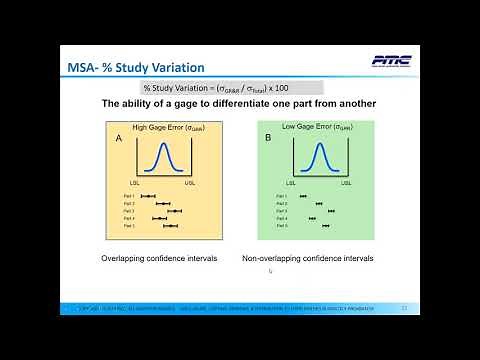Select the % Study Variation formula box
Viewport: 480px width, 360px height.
218,88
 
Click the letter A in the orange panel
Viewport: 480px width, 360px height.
118,141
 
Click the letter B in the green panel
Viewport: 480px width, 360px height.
268,141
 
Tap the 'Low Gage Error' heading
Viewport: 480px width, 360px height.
310,128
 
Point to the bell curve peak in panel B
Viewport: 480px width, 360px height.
320,147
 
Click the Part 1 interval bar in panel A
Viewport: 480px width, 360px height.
149,196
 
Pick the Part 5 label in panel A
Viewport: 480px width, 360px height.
128,226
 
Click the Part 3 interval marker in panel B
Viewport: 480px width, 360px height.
330,211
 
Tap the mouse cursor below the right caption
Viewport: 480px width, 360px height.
270,271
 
